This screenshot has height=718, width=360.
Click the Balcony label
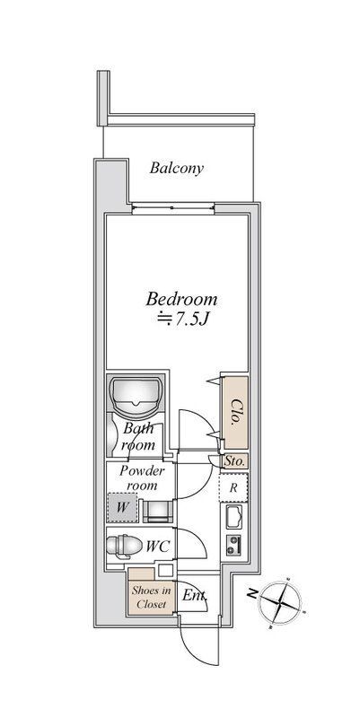(x=176, y=169)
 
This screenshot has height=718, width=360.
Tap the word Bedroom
(x=181, y=300)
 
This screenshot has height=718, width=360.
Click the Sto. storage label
(x=235, y=461)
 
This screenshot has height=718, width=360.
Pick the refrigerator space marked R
(x=233, y=487)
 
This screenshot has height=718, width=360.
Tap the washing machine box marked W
(x=122, y=507)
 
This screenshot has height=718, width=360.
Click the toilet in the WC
(x=124, y=547)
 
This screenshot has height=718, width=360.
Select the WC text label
(x=158, y=547)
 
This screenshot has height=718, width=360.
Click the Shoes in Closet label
(x=151, y=597)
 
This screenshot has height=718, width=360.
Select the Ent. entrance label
(x=195, y=596)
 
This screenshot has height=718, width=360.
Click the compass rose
(x=280, y=603)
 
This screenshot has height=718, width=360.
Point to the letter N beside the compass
(x=252, y=593)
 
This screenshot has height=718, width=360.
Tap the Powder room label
(x=142, y=477)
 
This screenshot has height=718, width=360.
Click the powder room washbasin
(x=159, y=511)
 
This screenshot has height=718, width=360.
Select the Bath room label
(x=139, y=437)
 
